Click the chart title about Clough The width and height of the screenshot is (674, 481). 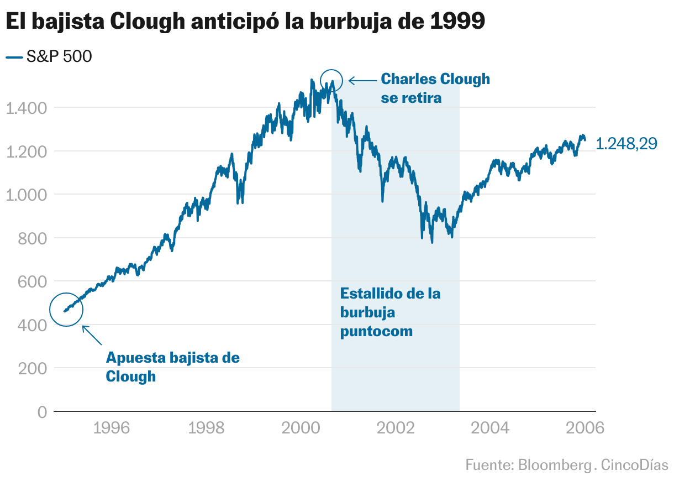245,22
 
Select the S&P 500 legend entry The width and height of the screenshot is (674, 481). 49,56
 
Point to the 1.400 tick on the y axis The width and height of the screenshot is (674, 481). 27,108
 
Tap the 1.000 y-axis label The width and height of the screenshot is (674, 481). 27,195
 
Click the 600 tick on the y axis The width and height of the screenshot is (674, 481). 35,281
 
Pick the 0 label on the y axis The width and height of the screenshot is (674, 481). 43,412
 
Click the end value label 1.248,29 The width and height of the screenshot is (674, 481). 627,144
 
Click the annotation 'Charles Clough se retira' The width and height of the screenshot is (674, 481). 435,88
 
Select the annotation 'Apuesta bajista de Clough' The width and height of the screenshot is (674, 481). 172,367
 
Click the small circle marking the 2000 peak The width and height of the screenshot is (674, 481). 331,81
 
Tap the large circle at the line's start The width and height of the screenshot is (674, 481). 66,310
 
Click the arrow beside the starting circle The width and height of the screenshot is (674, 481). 92,335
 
